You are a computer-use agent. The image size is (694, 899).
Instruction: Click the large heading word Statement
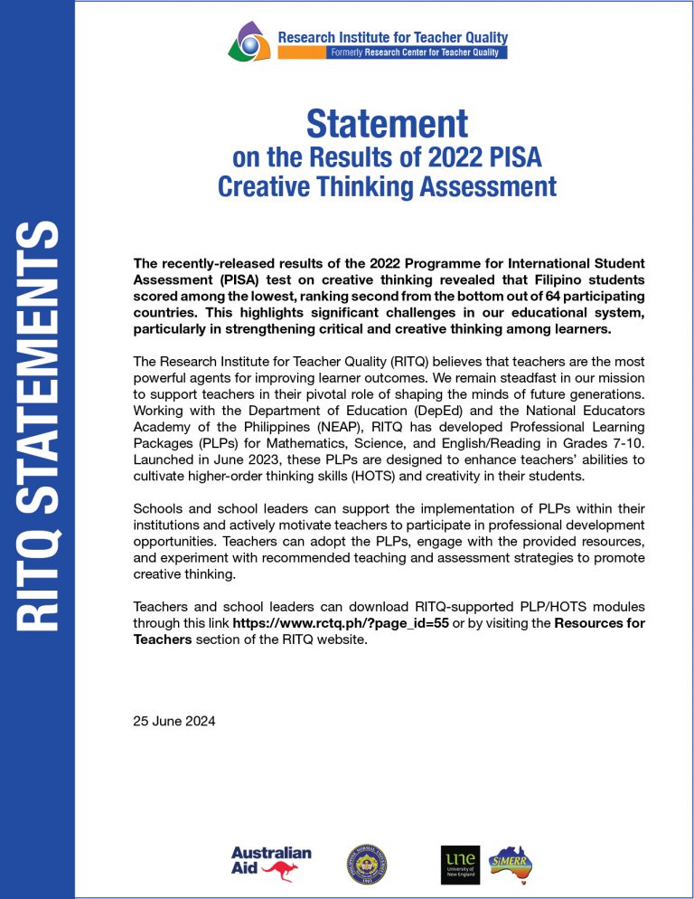387,124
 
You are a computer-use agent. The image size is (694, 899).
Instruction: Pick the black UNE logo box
460,865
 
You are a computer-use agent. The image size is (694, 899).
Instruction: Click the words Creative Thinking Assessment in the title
387,187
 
